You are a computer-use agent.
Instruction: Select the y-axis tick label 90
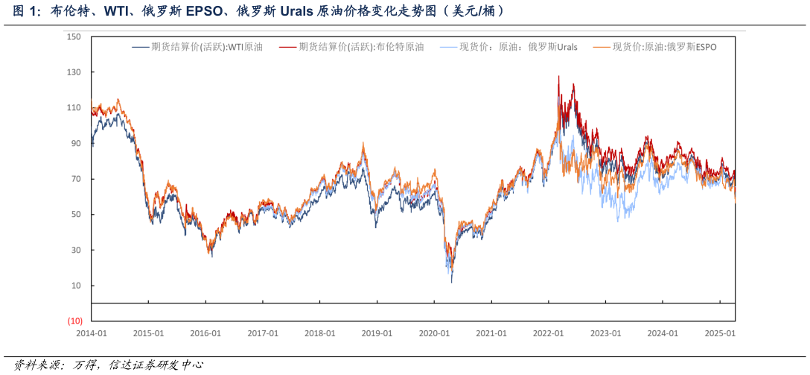[75, 143]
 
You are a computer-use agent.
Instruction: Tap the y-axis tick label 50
[75, 215]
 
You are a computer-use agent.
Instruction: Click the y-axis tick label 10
[75, 286]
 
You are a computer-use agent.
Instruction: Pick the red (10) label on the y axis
[74, 321]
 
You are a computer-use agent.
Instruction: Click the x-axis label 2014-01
[92, 333]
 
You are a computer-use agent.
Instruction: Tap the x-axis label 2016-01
[205, 333]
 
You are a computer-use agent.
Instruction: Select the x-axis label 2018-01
[320, 333]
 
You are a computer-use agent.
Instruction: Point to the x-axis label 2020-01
[434, 333]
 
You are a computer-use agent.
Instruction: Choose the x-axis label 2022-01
[549, 333]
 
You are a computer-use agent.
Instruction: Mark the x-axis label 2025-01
[720, 333]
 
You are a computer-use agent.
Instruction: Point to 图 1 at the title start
[19, 11]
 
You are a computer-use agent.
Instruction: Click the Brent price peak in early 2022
[559, 76]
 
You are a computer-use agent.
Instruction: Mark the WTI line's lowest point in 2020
[452, 282]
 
